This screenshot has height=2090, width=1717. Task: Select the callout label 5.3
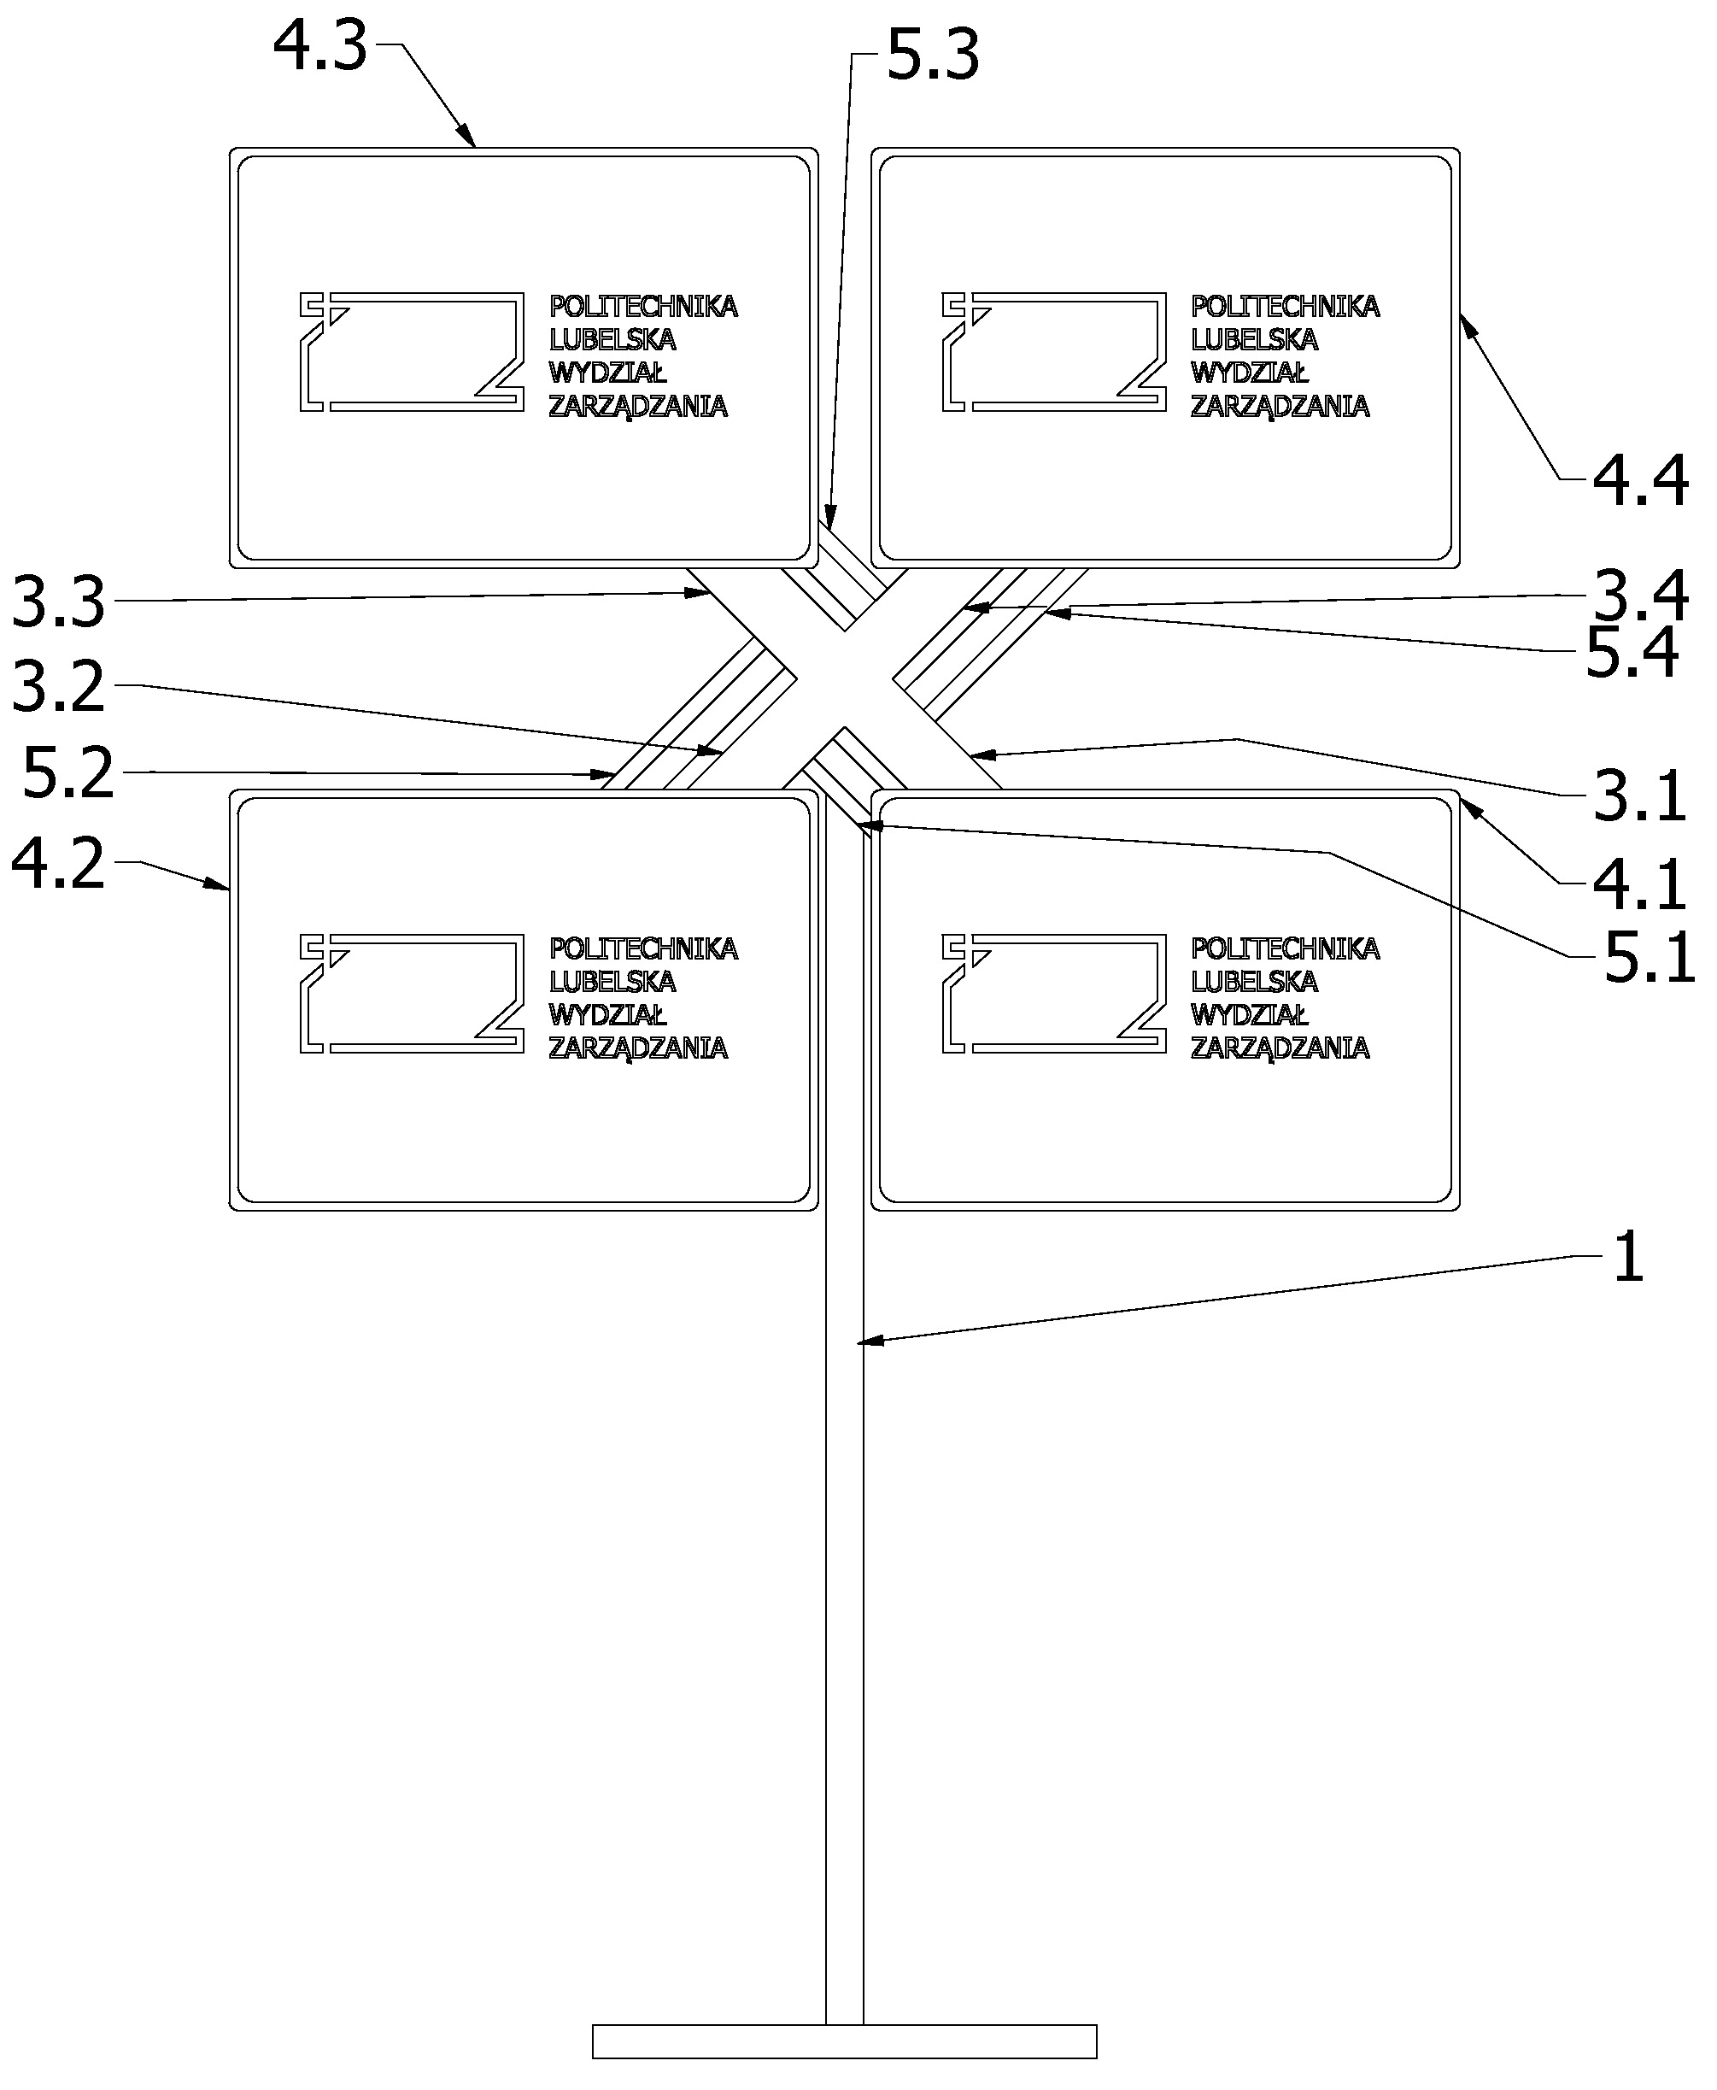(933, 56)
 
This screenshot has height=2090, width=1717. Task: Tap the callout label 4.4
(1640, 482)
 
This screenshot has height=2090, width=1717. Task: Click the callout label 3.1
(1639, 795)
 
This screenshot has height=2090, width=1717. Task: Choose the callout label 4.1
(1639, 884)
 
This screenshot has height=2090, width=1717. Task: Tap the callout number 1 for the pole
(1628, 1257)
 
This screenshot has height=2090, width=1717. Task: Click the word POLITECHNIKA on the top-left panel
(643, 307)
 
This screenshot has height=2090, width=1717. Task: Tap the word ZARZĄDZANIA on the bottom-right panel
(1280, 1048)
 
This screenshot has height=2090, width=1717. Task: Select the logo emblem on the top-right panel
(1053, 351)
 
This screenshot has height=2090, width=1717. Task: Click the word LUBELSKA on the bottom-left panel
(612, 981)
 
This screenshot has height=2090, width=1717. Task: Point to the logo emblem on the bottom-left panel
(412, 993)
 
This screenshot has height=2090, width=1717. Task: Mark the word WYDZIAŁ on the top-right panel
(1249, 373)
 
